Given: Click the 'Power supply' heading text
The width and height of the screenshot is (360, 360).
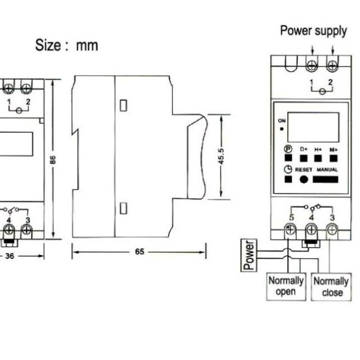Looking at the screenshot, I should tap(313, 30).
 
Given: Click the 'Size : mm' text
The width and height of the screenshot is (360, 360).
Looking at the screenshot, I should tap(67, 45).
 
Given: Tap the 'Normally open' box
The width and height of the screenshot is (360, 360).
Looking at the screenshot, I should tap(286, 286).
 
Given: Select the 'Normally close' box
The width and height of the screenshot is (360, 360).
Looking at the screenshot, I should tap(331, 287).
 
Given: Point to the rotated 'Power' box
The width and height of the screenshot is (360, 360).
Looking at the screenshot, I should tap(249, 254).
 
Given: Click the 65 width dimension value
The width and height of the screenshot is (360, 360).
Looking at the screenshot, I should tap(139, 252).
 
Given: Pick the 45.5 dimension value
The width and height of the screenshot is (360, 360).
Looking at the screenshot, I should tap(221, 156).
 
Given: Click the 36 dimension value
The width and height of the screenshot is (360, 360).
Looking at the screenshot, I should tap(10, 256).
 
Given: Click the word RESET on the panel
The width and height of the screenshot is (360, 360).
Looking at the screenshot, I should tap(303, 169).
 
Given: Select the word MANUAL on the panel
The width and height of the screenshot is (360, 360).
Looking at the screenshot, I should tap(327, 169).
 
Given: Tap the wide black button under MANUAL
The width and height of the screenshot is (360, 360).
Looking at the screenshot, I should tap(326, 180).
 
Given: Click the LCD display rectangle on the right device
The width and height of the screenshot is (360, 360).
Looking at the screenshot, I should tap(313, 126).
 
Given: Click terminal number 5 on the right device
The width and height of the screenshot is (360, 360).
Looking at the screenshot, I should tap(291, 217).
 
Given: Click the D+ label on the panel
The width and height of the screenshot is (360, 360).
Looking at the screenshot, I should tap(304, 149).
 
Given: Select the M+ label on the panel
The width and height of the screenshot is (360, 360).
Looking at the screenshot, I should tap(333, 149).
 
